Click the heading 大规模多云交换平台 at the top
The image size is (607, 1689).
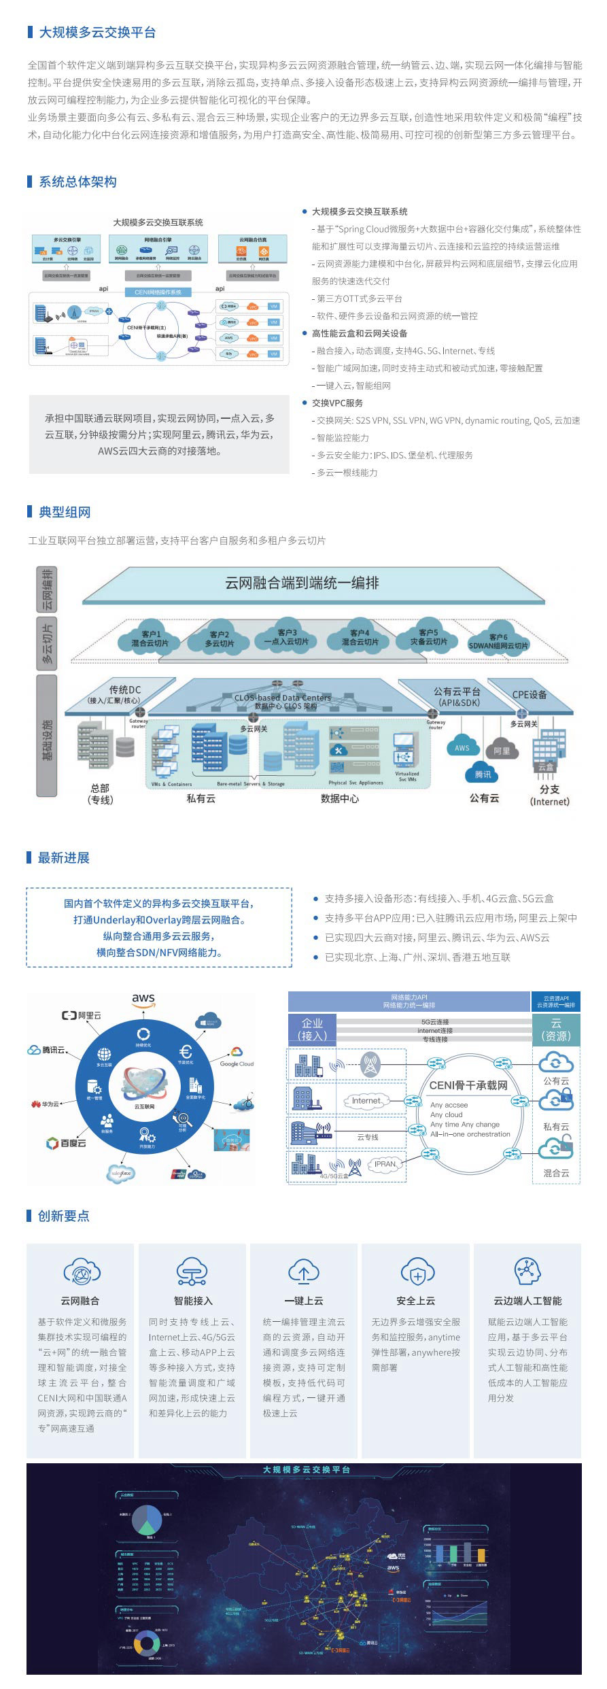click(x=97, y=32)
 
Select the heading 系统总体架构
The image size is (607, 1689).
click(x=77, y=182)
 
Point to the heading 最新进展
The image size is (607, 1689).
click(x=63, y=857)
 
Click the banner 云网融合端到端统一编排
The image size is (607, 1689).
click(x=302, y=583)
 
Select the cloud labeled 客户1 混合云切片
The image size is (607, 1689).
click(x=150, y=638)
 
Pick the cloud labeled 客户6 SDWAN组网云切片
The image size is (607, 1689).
click(x=498, y=642)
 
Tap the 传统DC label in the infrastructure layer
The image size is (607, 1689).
click(x=124, y=690)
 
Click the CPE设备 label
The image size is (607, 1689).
click(x=529, y=694)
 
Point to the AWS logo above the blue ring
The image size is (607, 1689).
click(x=143, y=999)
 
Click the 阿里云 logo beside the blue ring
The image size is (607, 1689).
click(x=81, y=1015)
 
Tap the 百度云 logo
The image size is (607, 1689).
click(x=66, y=1143)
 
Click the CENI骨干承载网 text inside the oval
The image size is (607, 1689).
click(x=468, y=1085)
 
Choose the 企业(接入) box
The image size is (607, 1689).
click(x=312, y=1029)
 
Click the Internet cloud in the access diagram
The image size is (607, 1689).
click(x=366, y=1100)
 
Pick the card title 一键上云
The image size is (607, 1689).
click(x=304, y=1301)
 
